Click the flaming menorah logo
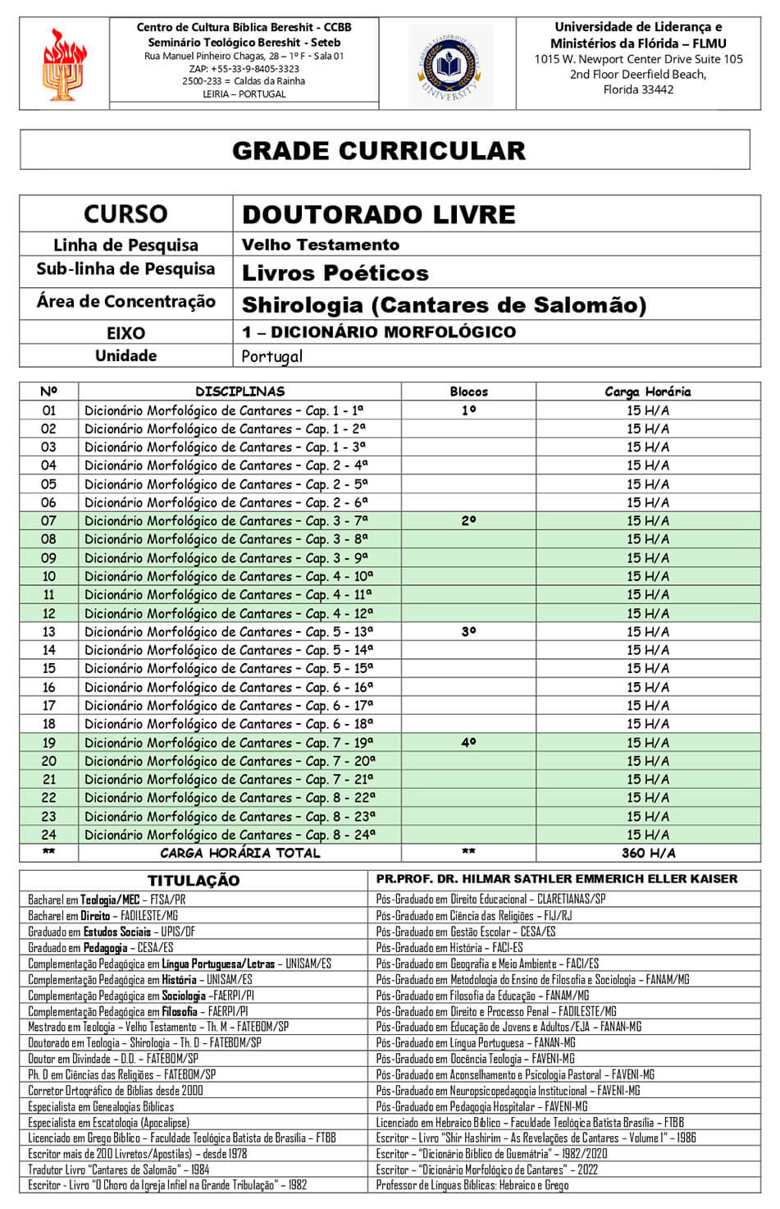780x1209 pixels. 63,64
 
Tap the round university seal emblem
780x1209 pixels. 449,65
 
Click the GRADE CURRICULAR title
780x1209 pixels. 379,151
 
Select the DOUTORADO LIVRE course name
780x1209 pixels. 378,214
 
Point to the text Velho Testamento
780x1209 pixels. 320,245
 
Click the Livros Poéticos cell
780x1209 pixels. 335,272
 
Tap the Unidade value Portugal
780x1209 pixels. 271,356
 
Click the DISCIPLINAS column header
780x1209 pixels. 239,392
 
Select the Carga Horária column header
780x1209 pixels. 647,392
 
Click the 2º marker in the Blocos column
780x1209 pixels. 468,520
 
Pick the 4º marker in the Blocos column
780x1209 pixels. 468,743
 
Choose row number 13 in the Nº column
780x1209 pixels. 49,632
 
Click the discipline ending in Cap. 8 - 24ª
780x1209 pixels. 230,835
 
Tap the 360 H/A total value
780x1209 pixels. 648,853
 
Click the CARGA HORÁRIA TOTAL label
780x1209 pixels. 239,853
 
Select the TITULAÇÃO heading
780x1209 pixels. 194,881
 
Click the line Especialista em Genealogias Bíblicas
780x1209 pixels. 101,1106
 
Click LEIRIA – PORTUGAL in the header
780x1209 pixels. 244,94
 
